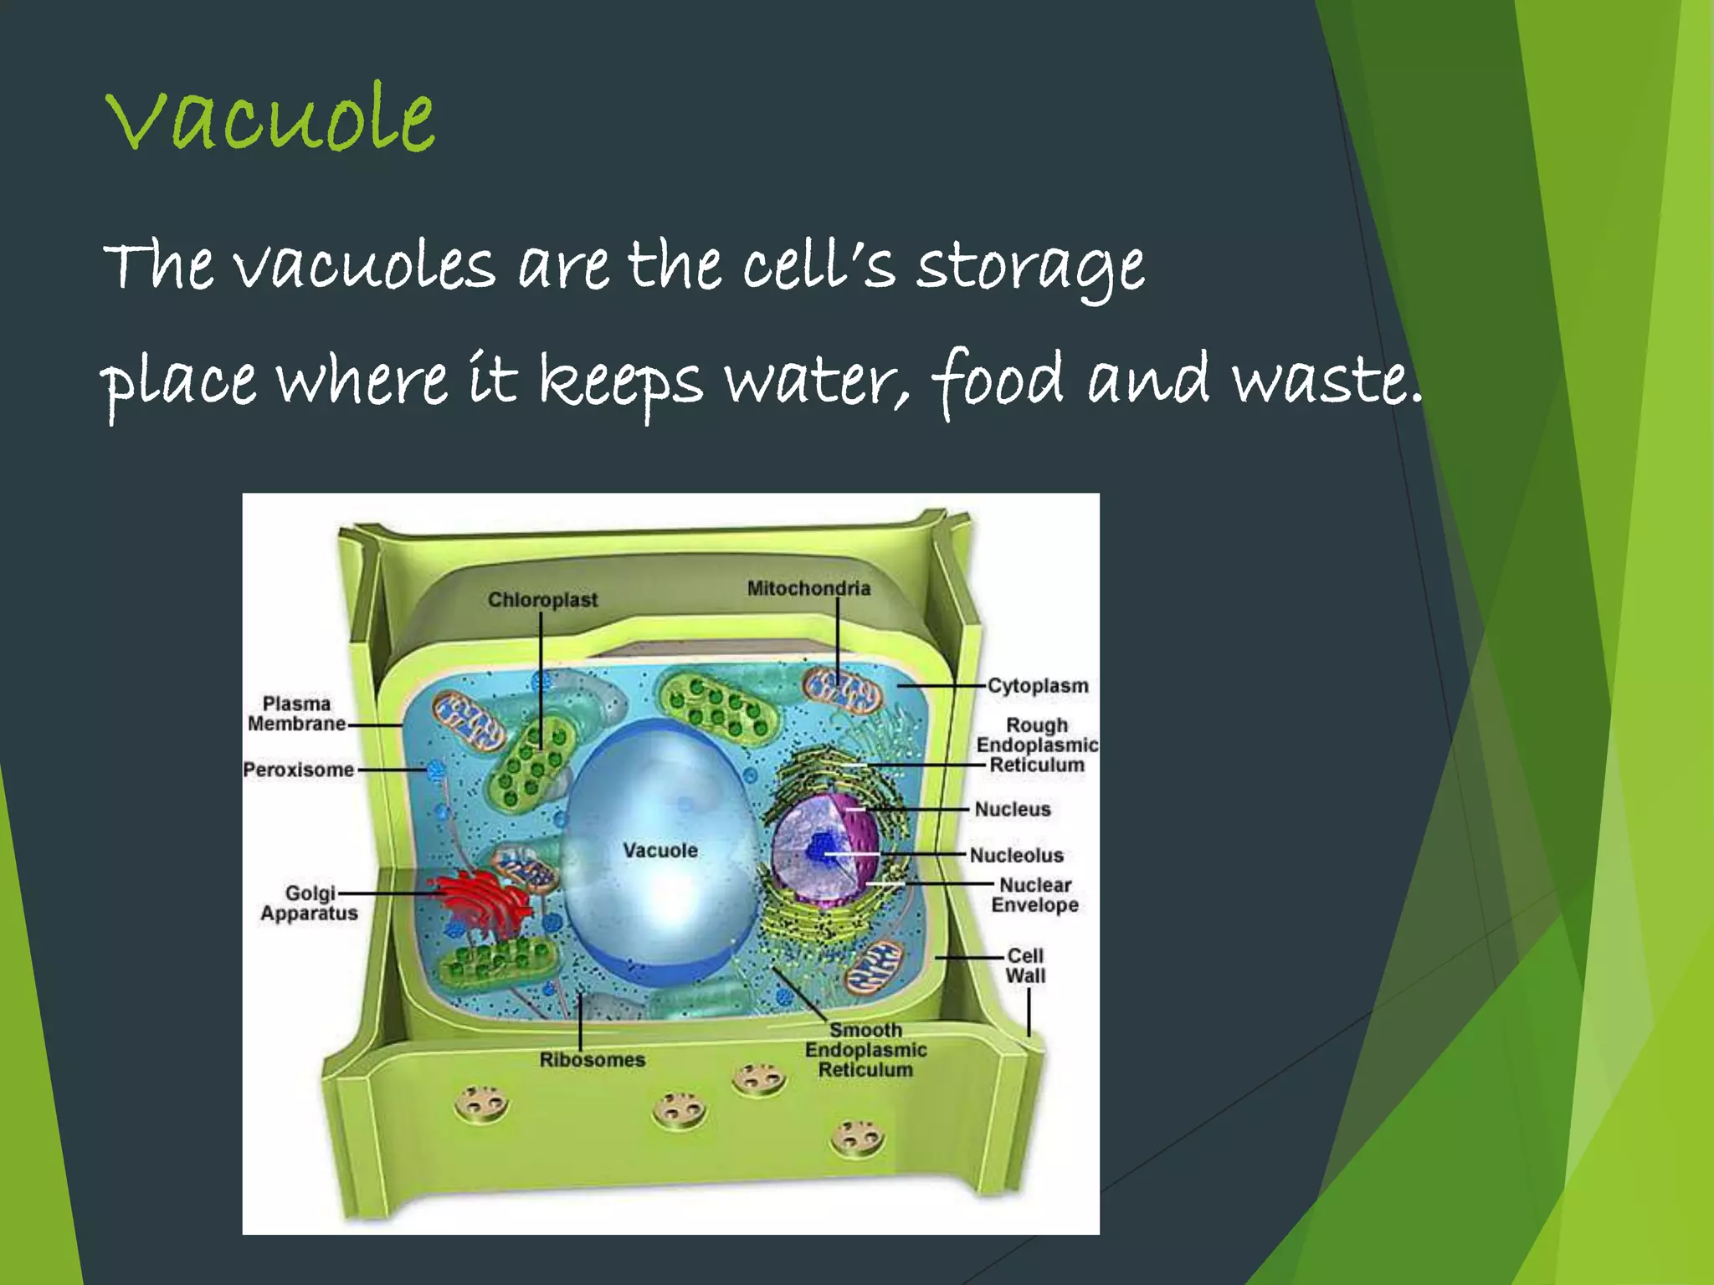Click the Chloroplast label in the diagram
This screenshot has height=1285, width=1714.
click(x=542, y=600)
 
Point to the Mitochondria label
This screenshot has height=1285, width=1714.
click(x=808, y=588)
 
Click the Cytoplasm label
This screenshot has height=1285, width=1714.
click(x=1038, y=686)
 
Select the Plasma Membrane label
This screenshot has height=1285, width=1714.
click(x=296, y=714)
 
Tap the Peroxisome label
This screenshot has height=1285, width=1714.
click(x=299, y=770)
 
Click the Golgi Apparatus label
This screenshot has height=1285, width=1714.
click(x=309, y=904)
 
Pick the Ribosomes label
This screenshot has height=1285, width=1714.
click(x=592, y=1060)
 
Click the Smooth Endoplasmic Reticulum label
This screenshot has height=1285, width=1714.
click(x=865, y=1050)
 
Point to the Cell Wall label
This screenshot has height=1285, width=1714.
click(x=1025, y=966)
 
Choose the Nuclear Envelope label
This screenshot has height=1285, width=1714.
click(x=1035, y=895)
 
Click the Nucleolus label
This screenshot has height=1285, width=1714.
click(x=1016, y=855)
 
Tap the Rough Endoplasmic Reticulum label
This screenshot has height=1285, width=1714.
click(x=1037, y=745)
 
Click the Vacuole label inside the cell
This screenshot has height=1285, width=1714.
click(x=659, y=851)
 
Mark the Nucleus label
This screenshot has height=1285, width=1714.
click(x=1013, y=809)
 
